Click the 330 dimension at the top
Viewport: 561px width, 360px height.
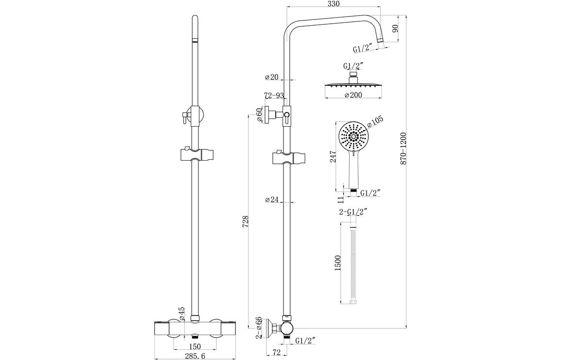[333, 4]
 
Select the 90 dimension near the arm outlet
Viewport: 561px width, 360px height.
[396, 28]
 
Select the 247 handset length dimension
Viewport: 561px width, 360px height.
[333, 156]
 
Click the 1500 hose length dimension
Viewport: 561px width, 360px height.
[338, 262]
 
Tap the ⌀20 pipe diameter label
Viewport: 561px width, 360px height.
[272, 77]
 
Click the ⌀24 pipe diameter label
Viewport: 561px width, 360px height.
[272, 199]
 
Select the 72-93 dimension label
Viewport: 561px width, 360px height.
[274, 96]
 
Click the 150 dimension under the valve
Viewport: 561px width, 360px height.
[195, 346]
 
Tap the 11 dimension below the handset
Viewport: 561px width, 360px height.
[341, 198]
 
